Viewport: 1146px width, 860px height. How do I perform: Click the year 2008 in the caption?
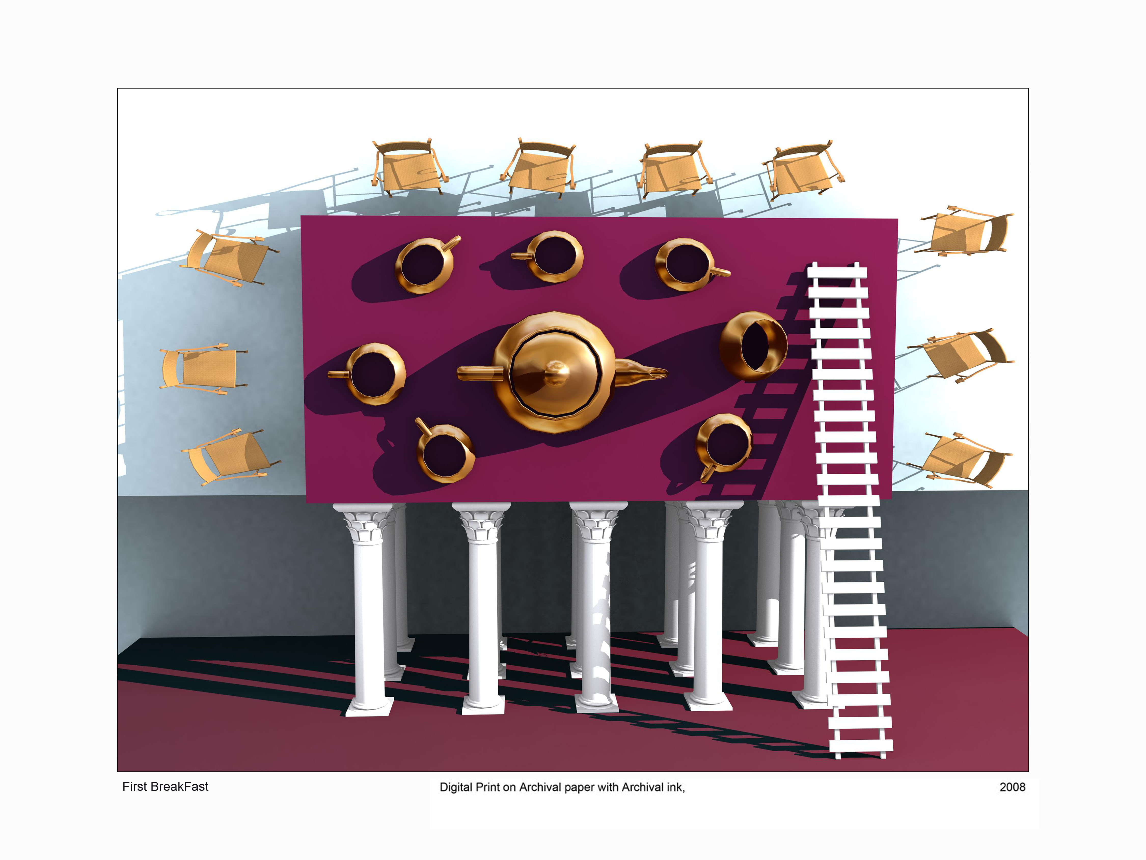coord(1012,787)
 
